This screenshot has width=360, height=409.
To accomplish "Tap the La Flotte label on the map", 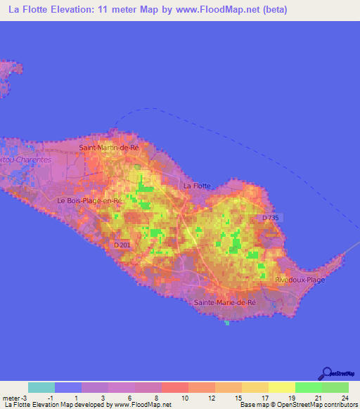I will [196, 186].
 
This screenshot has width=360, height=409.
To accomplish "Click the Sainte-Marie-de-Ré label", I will [224, 302].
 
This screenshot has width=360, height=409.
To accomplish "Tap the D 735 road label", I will [271, 219].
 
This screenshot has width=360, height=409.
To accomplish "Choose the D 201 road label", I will [122, 245].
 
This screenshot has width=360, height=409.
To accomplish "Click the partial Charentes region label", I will [26, 160].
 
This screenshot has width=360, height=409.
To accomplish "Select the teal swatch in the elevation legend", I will [41, 387].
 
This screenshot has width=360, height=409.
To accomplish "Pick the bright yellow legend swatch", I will [281, 387].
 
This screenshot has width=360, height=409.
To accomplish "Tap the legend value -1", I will [53, 398].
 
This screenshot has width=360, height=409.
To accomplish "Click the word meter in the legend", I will [12, 398].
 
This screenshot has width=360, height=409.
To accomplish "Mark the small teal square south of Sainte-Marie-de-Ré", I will [227, 323].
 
